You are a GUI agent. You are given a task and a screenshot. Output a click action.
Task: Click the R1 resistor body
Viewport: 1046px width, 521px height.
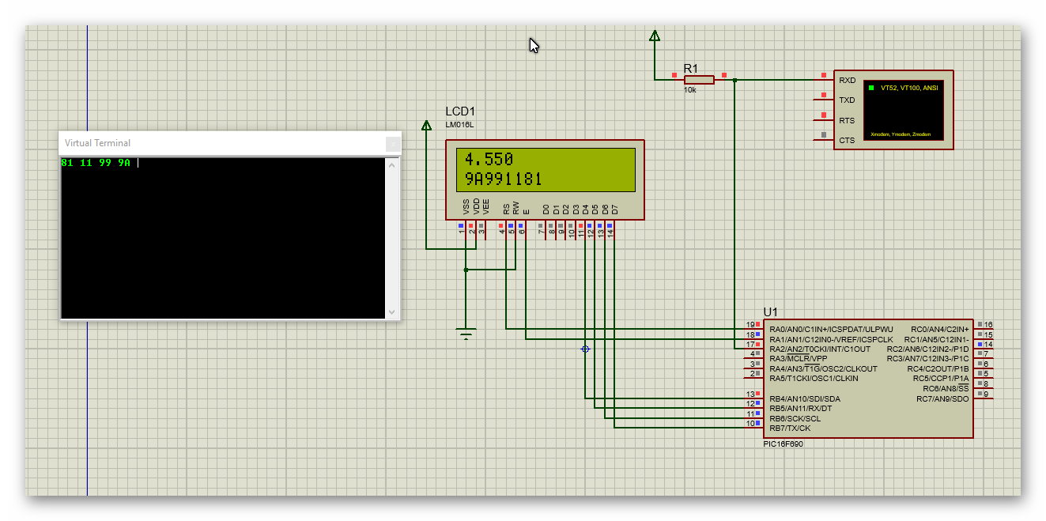click(x=699, y=79)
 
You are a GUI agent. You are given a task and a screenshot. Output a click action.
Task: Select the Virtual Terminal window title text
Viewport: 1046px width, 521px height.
click(x=97, y=143)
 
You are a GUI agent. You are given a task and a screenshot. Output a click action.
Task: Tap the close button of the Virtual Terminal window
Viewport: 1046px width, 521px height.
click(x=392, y=144)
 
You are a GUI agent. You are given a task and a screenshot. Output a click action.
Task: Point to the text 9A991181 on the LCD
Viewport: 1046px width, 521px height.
click(x=503, y=179)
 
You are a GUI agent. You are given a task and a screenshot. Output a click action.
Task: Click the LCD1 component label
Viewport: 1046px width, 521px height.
click(x=460, y=111)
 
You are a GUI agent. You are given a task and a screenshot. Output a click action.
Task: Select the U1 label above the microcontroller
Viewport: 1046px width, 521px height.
click(x=770, y=311)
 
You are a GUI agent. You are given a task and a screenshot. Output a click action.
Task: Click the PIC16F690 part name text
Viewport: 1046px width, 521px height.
click(x=783, y=444)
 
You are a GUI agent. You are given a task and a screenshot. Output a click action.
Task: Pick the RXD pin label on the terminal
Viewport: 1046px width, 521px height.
click(x=847, y=81)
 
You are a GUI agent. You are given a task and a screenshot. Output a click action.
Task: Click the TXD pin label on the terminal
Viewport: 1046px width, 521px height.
click(x=847, y=100)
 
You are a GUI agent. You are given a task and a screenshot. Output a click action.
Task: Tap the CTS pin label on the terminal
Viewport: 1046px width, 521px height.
click(x=847, y=141)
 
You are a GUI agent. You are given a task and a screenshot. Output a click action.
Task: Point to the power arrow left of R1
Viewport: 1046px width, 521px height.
click(x=654, y=36)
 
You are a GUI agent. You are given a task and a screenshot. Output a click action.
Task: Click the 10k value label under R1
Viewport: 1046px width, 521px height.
click(x=689, y=90)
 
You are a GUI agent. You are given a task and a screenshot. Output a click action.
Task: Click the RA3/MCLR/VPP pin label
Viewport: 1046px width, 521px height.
click(x=799, y=359)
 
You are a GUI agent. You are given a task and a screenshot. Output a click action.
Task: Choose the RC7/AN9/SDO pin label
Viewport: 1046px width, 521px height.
click(x=942, y=398)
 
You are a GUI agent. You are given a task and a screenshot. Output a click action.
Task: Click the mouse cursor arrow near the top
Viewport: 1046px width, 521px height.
click(x=534, y=45)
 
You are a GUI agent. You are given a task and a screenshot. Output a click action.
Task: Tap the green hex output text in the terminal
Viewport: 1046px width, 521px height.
click(x=96, y=163)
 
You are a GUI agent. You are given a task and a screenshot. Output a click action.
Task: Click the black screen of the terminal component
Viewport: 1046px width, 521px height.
click(x=903, y=110)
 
